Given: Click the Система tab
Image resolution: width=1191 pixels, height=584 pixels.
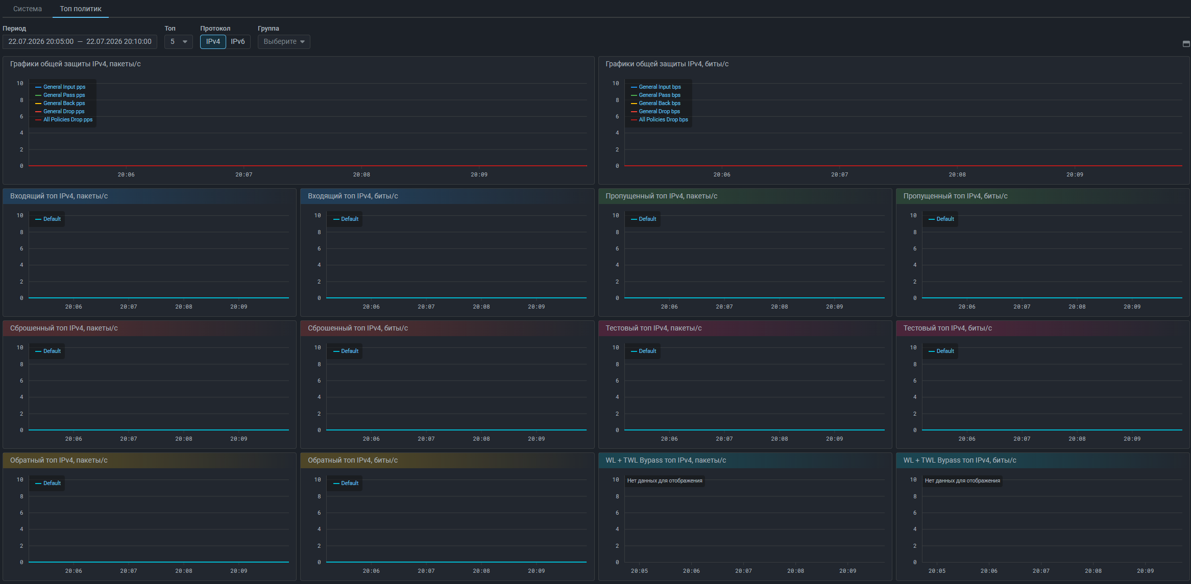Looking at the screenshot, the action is (x=28, y=9).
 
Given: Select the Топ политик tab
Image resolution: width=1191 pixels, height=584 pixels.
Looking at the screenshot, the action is (x=81, y=9).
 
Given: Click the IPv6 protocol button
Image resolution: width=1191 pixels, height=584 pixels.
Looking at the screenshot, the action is (x=238, y=41).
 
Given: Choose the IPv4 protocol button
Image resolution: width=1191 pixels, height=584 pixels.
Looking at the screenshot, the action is (x=213, y=41).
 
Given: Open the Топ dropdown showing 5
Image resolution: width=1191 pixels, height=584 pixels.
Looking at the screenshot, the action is (x=179, y=41).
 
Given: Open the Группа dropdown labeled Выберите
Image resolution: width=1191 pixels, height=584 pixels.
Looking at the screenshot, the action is (x=284, y=41).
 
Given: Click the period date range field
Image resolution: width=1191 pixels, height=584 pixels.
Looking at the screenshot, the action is (x=80, y=41).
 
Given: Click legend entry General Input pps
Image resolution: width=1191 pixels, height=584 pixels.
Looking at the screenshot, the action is (x=60, y=87).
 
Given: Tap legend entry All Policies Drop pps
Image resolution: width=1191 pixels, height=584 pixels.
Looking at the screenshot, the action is (x=64, y=119).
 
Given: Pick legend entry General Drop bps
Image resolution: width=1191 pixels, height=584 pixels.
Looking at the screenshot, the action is (x=655, y=111).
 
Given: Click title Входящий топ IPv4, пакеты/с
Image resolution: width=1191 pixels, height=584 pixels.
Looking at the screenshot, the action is (x=59, y=196).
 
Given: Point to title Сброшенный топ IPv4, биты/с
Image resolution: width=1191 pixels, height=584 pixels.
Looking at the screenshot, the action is (x=358, y=328).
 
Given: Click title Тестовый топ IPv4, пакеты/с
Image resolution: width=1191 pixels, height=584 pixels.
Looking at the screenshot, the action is (x=653, y=328).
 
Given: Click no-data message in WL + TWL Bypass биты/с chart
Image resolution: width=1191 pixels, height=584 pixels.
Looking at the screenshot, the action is (x=962, y=480).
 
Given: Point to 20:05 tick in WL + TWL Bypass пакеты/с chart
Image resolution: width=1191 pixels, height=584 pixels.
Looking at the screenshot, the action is (x=639, y=571).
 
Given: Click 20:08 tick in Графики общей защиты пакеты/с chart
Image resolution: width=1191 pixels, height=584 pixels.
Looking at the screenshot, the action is (x=361, y=174).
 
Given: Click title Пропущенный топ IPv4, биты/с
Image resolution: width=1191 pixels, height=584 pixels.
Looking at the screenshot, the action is (x=955, y=196).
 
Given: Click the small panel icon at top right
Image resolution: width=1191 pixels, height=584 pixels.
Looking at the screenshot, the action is (x=1186, y=44).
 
